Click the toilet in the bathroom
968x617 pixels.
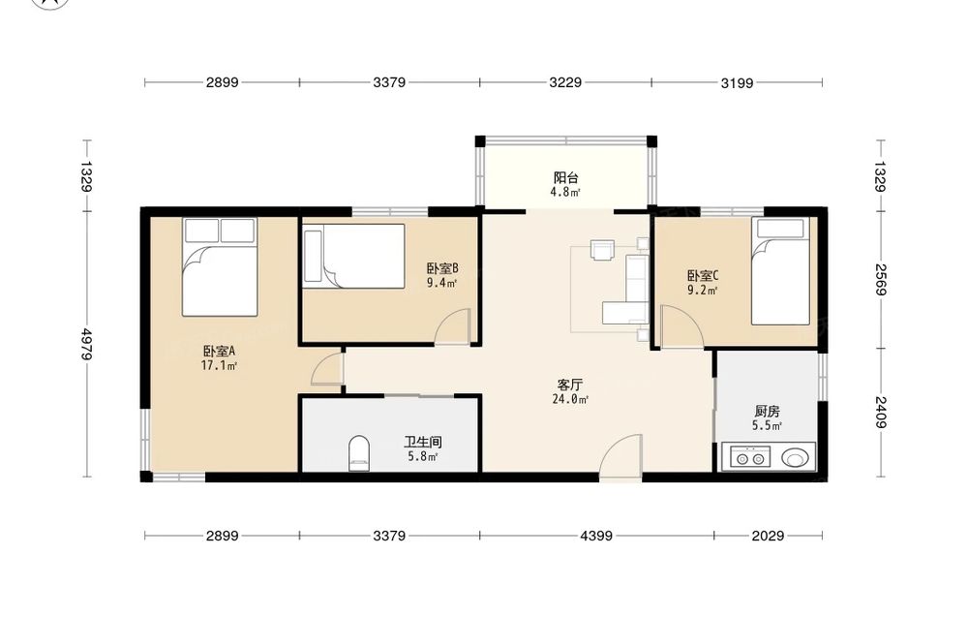[359, 453]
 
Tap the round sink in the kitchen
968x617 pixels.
[795, 458]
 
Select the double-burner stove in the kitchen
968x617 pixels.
[750, 458]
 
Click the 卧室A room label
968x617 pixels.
[219, 352]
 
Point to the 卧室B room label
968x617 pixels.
[442, 268]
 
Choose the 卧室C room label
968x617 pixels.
[703, 275]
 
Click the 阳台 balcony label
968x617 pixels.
[565, 178]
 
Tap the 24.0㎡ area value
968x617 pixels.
[570, 400]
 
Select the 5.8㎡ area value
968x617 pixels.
[423, 457]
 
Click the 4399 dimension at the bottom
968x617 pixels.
[596, 536]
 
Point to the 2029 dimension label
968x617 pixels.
[768, 536]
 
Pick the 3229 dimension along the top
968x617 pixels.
[565, 82]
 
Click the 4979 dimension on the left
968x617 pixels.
[86, 344]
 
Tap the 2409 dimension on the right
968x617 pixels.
[881, 412]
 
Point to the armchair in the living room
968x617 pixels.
[602, 250]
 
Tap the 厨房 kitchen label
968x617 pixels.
[767, 411]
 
